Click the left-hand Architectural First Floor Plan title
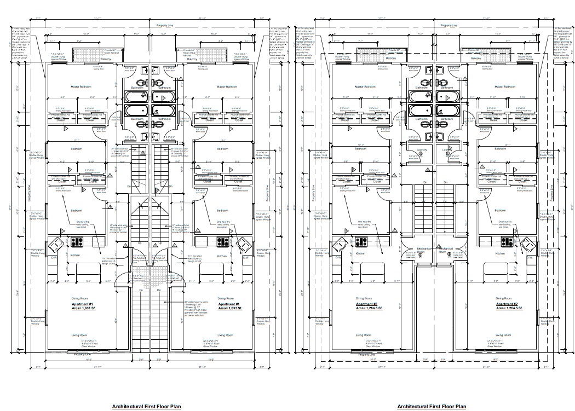(x=146, y=407)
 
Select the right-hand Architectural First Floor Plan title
(x=432, y=407)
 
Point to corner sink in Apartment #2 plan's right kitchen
(x=528, y=244)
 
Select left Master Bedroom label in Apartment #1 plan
(x=81, y=87)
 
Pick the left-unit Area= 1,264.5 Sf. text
(x=364, y=308)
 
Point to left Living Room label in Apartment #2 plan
(x=364, y=335)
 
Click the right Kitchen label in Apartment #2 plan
(x=500, y=254)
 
